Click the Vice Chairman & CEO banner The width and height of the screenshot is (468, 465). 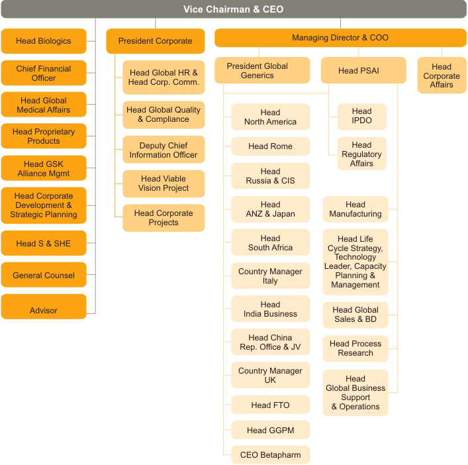pyautogui.click(x=234, y=9)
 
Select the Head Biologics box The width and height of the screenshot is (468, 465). pyautogui.click(x=44, y=41)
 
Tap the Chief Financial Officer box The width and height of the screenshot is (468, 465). pyautogui.click(x=44, y=73)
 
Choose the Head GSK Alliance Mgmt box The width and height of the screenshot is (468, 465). pyautogui.click(x=44, y=168)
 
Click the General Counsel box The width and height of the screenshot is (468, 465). pyautogui.click(x=44, y=275)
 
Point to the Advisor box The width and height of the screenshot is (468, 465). pyautogui.click(x=44, y=307)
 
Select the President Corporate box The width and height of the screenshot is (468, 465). pyautogui.click(x=156, y=41)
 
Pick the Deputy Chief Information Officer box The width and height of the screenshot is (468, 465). pyautogui.click(x=164, y=150)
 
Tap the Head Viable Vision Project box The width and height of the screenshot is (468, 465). pyautogui.click(x=164, y=183)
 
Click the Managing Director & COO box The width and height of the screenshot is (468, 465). pyautogui.click(x=340, y=38)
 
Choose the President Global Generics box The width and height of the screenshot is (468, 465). pyautogui.click(x=262, y=70)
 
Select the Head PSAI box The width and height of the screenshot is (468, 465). pyautogui.click(x=363, y=70)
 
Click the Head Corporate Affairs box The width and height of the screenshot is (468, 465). pyautogui.click(x=442, y=76)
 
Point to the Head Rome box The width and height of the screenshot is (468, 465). pyautogui.click(x=271, y=146)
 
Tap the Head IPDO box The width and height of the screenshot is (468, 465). pyautogui.click(x=361, y=117)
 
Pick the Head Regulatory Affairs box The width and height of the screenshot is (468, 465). pyautogui.click(x=361, y=154)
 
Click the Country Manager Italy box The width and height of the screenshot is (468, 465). pyautogui.click(x=271, y=276)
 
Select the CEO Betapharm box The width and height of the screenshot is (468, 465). pyautogui.click(x=271, y=454)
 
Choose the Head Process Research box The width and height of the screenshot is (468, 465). pyautogui.click(x=355, y=348)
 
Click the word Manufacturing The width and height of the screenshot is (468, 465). pyautogui.click(x=355, y=214)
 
